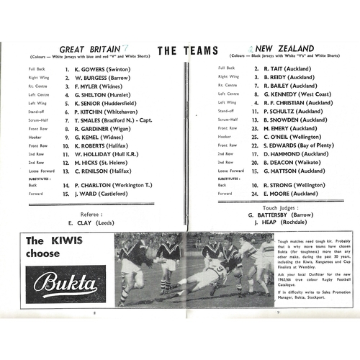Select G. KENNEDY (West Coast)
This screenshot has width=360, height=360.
(294, 94)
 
